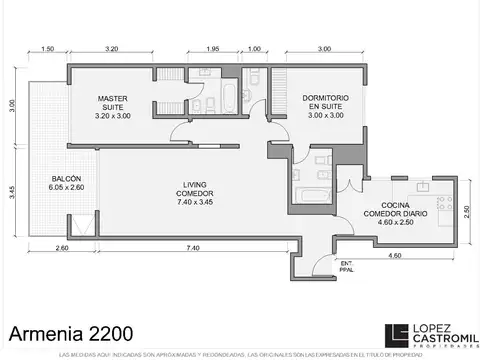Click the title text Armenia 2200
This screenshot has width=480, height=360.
[68, 330]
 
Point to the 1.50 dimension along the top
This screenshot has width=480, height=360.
[47, 49]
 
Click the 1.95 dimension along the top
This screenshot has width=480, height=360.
[212, 49]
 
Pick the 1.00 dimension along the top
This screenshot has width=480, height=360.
[254, 49]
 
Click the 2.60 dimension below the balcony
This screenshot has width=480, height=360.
[62, 247]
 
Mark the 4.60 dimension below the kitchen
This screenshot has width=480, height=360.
[395, 257]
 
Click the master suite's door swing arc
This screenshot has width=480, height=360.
[180, 133]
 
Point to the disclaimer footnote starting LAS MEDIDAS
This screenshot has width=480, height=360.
[240, 354]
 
